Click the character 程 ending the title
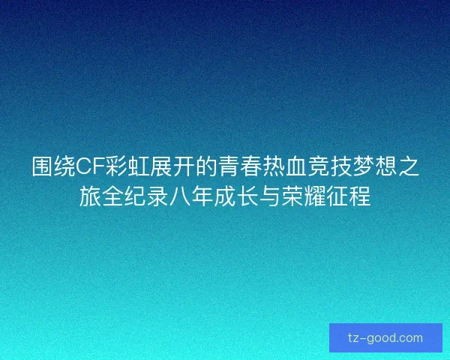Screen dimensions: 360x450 pos(360,197)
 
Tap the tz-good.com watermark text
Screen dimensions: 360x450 pos(385,338)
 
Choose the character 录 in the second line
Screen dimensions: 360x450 pos(155,197)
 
